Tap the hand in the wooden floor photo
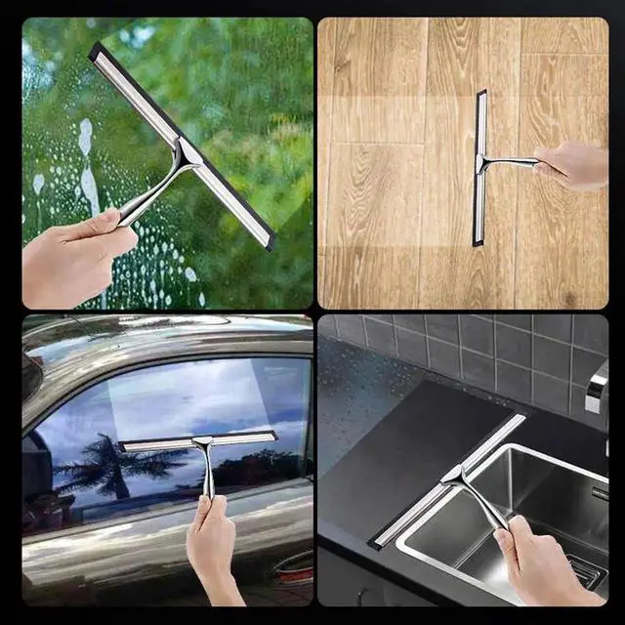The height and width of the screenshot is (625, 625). pyautogui.click(x=576, y=166)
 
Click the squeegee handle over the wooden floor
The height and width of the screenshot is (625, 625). pyautogui.click(x=513, y=162)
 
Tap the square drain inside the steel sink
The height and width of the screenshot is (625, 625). pyautogui.click(x=586, y=577)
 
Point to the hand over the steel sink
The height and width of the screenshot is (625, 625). pyautogui.click(x=552, y=566)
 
